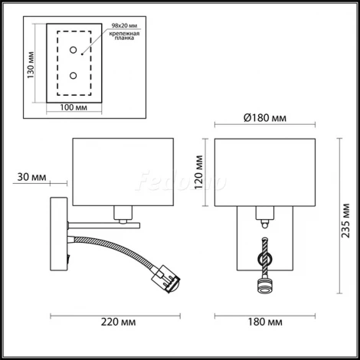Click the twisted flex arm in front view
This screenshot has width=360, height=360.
265,257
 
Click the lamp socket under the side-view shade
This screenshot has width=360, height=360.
122,213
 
